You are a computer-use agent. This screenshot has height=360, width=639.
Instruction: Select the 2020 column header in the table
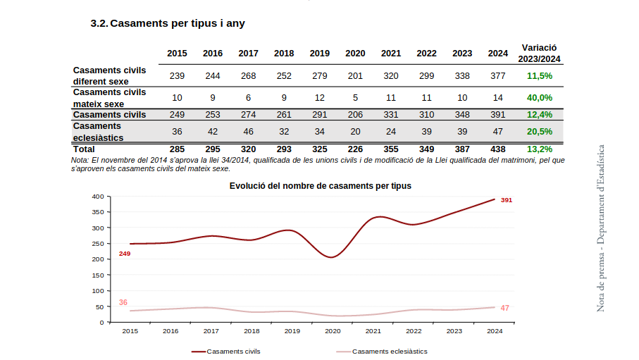(x=355, y=54)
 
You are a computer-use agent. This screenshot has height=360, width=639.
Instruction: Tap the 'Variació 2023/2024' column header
(x=540, y=53)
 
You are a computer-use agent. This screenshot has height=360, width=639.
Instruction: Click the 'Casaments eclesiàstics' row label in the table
(x=99, y=131)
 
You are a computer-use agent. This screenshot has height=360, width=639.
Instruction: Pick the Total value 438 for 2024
(x=498, y=149)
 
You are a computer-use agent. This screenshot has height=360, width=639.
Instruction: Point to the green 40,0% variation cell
(x=540, y=97)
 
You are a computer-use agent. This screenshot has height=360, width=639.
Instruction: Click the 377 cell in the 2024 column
(x=498, y=75)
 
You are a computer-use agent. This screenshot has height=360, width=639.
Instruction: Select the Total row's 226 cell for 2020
(x=355, y=149)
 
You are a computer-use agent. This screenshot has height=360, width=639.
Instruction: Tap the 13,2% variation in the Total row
(x=540, y=149)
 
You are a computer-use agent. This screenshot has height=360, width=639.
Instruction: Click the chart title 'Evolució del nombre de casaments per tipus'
(x=320, y=186)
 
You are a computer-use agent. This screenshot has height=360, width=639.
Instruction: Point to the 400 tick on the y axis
(x=97, y=197)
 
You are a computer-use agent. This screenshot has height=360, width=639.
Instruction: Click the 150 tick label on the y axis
(x=97, y=275)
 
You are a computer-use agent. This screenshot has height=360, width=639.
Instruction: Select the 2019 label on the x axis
(x=292, y=330)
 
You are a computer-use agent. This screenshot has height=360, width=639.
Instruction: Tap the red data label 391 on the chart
(x=506, y=200)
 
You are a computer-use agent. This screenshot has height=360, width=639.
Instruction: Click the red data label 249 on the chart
(x=125, y=254)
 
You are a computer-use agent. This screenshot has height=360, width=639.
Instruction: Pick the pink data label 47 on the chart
(x=504, y=308)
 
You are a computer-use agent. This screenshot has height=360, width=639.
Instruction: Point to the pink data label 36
(x=123, y=302)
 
